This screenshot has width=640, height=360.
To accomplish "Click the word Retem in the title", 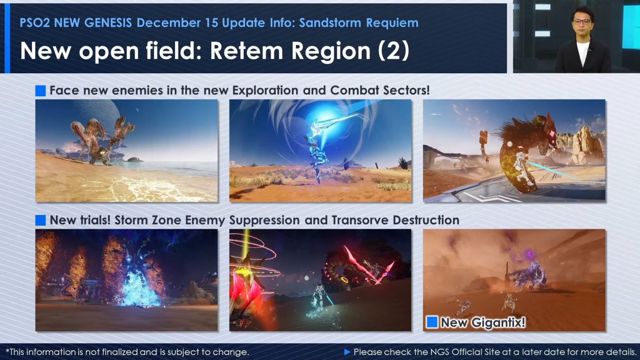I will point(247,51).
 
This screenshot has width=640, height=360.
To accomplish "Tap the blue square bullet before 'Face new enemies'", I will point(40,90).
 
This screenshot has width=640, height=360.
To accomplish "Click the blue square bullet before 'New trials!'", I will point(40,220).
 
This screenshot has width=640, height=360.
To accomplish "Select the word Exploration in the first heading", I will point(265,90).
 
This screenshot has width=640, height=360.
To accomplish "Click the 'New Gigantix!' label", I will point(483,322).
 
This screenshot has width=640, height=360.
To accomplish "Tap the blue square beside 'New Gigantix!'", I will point(432,322).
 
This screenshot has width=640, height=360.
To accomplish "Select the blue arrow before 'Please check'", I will point(347,352).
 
